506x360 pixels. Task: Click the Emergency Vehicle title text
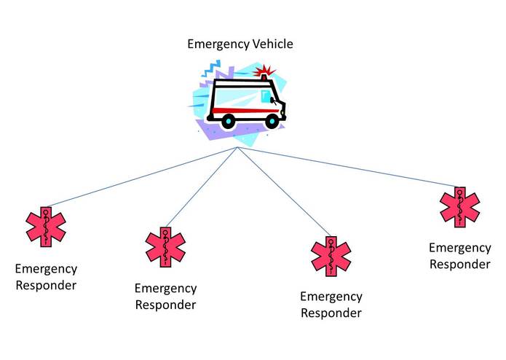point(240,44)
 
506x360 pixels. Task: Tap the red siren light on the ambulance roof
point(264,73)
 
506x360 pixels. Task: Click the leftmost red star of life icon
point(46,226)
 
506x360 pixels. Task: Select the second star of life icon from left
point(166,247)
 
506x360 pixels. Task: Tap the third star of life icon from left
point(331,255)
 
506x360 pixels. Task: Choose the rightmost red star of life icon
point(460,207)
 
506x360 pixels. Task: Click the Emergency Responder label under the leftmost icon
point(45,277)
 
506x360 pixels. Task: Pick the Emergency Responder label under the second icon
point(165,297)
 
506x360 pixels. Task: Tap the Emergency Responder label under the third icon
point(331,305)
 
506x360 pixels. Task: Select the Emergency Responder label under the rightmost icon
point(459,256)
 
